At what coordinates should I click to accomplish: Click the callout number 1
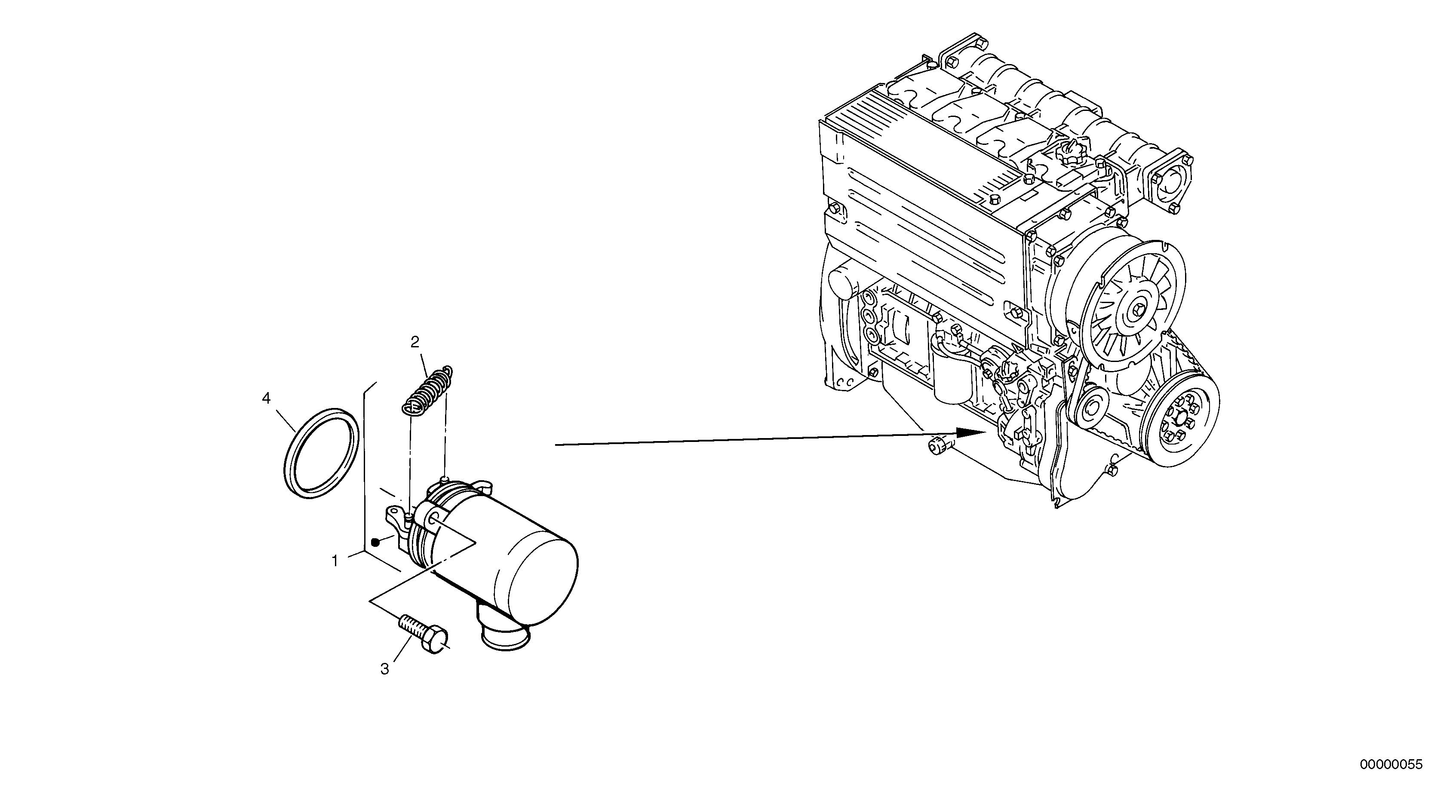click(335, 561)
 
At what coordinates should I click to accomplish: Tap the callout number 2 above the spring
click(415, 342)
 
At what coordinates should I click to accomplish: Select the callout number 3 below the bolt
click(385, 669)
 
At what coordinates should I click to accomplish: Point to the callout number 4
click(267, 398)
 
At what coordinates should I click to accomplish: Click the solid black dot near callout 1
click(375, 542)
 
